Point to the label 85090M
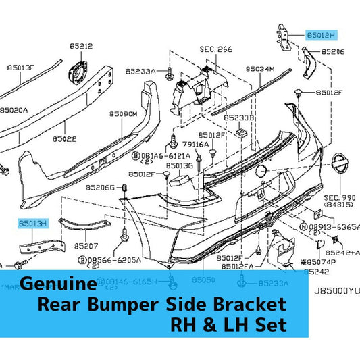(124, 114)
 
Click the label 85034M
(260, 68)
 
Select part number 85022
(66, 139)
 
